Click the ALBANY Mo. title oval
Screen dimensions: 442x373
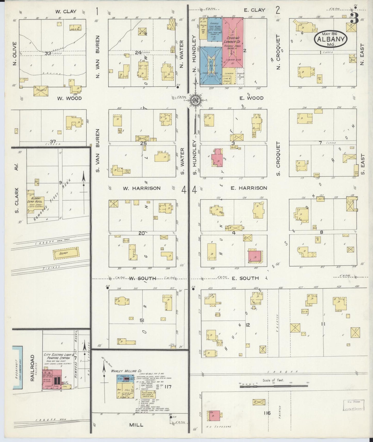(331, 39)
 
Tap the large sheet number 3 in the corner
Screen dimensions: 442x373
(354, 19)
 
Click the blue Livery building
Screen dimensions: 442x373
(211, 66)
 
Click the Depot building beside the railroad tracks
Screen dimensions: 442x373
(66, 253)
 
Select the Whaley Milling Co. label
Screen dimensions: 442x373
(123, 371)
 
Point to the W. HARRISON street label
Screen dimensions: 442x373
(141, 188)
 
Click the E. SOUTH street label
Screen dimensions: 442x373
(245, 278)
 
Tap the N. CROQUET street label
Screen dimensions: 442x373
(278, 52)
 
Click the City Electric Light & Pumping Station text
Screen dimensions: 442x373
(57, 356)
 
